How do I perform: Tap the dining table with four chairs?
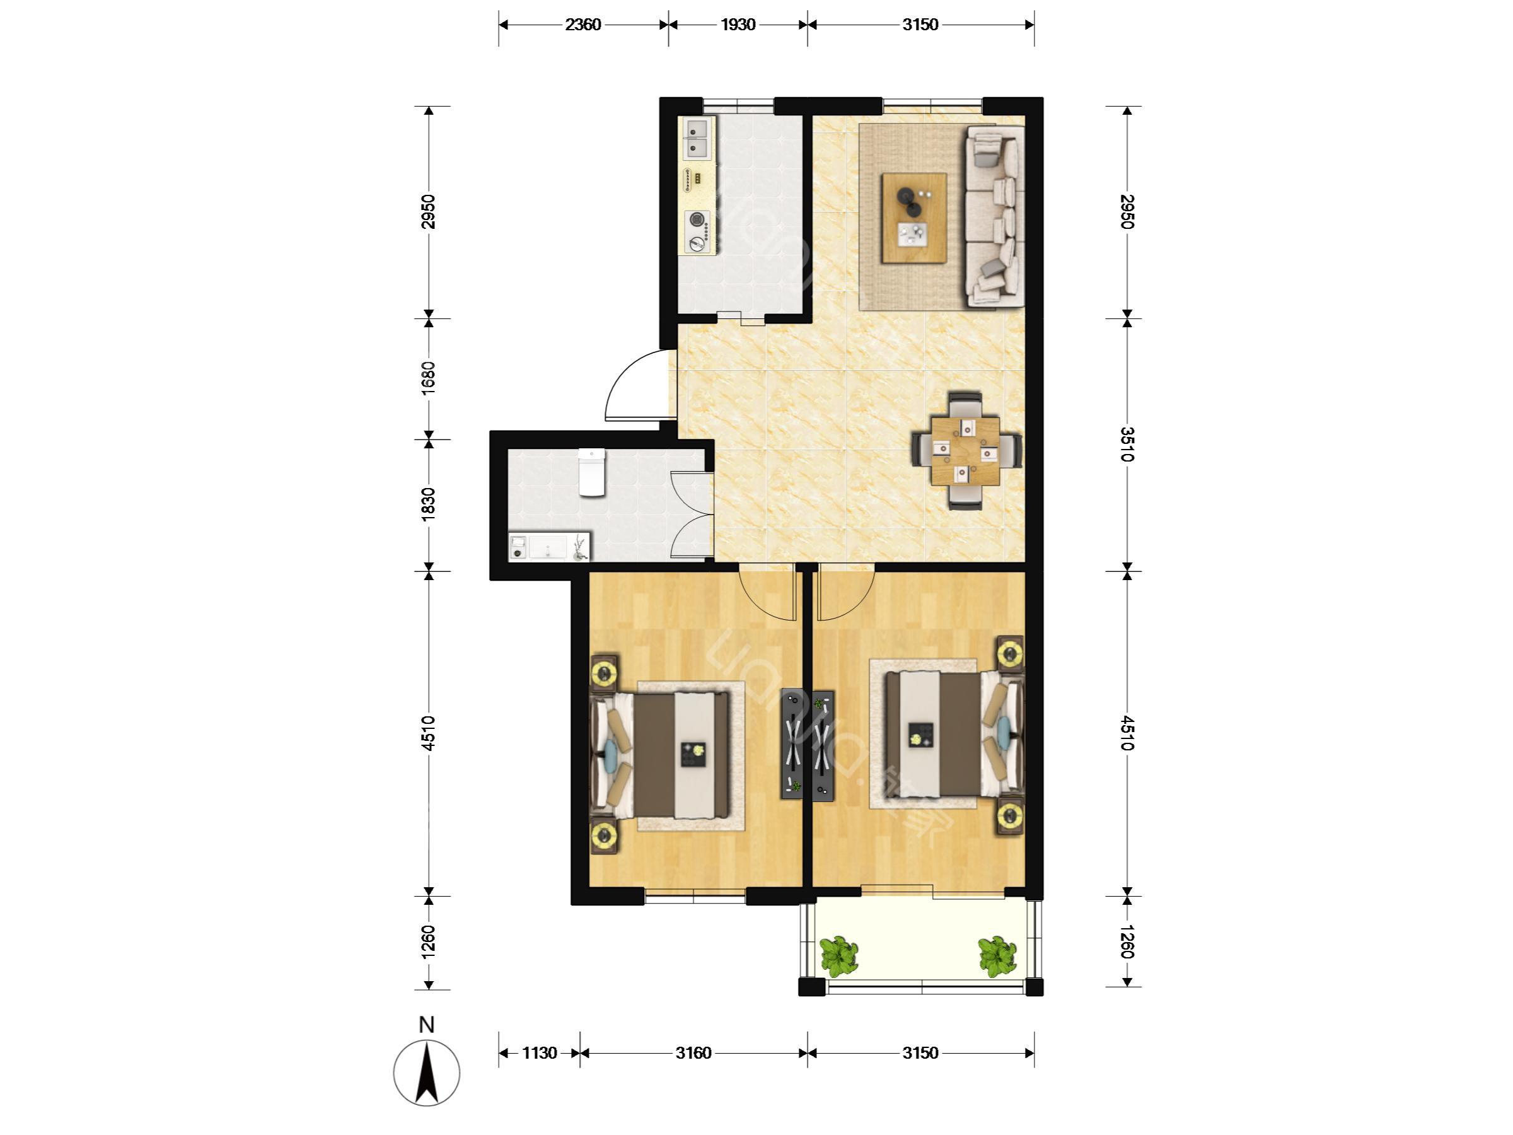(967, 451)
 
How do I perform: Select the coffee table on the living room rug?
(914, 218)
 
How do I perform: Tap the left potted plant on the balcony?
(838, 956)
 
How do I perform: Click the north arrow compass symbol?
(427, 1072)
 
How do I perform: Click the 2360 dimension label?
(583, 25)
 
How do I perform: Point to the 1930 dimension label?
(738, 25)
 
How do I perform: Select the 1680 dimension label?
(428, 378)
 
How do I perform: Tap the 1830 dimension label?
(428, 505)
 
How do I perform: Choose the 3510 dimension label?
(1127, 445)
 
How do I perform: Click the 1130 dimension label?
(540, 1053)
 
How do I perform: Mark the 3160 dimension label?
(693, 1053)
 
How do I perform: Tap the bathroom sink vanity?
(548, 547)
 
